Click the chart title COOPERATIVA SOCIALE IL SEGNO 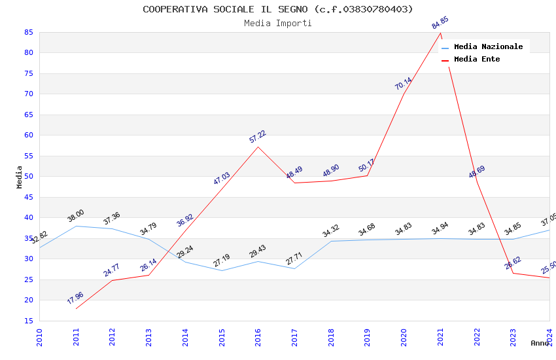pos(278,9)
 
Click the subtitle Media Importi pos(278,23)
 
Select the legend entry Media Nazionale pos(488,46)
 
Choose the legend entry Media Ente pos(477,59)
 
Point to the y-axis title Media pos(20,177)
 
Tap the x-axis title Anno pos(540,343)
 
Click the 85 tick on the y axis pos(28,32)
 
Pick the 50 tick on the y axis pos(28,177)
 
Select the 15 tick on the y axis pos(28,321)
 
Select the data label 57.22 pos(258,136)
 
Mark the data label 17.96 pos(75,298)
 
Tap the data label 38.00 pos(76,215)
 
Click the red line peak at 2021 pos(441,33)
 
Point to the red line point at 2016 pos(258,147)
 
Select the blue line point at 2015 pos(222,270)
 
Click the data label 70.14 pos(404,83)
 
